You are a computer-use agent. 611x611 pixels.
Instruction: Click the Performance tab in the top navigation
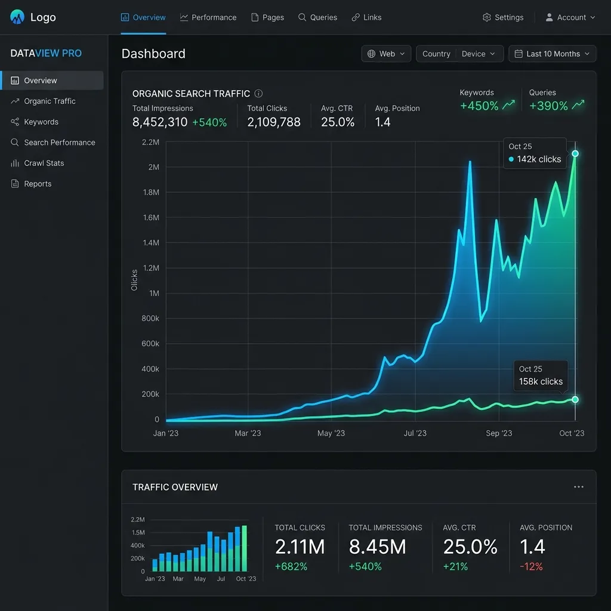(x=208, y=17)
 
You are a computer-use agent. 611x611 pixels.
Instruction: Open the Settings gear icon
(x=487, y=17)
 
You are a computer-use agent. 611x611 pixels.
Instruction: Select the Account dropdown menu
(x=570, y=17)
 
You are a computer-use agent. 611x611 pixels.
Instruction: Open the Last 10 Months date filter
(x=552, y=54)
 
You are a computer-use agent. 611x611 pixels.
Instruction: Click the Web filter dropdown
(x=386, y=54)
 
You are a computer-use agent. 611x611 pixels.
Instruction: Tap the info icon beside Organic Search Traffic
(x=258, y=94)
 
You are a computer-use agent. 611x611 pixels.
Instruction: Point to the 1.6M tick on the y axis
(x=151, y=217)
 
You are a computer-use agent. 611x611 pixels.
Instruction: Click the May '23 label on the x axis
(x=331, y=433)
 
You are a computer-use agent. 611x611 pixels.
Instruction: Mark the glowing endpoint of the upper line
(x=575, y=153)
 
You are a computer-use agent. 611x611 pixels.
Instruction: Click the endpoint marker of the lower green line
(x=575, y=399)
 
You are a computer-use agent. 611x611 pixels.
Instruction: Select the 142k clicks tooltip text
(x=539, y=159)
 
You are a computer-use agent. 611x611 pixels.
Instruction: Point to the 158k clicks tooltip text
(x=541, y=381)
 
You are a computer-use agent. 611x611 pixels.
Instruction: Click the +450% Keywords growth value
(x=479, y=106)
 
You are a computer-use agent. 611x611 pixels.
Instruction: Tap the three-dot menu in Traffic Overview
(x=579, y=487)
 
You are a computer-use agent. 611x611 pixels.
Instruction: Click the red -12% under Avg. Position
(x=531, y=567)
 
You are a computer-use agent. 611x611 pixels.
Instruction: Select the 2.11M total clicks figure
(x=300, y=547)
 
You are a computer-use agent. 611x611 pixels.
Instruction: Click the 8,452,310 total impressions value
(x=160, y=122)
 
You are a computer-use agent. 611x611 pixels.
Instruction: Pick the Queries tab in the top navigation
(x=317, y=17)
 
